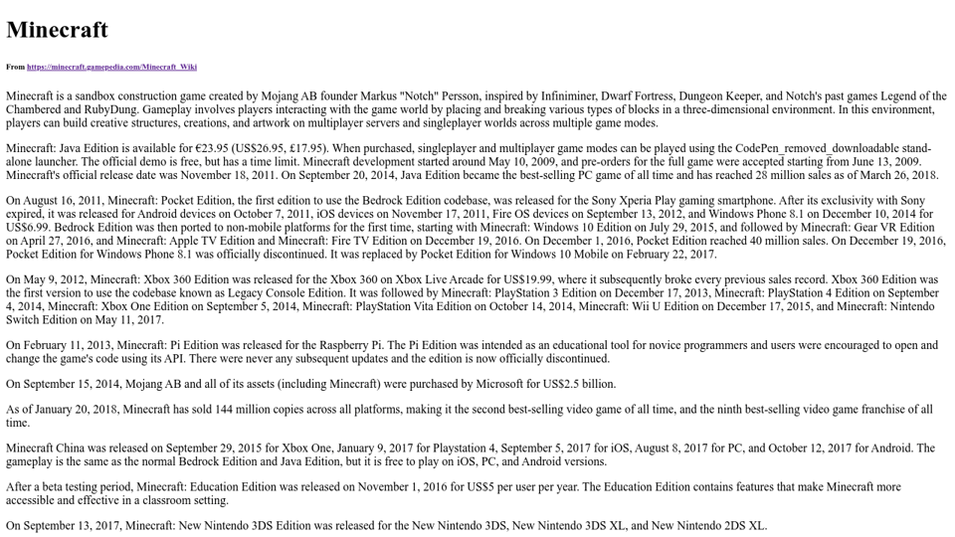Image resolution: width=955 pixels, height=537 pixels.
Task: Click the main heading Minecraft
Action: [x=57, y=30]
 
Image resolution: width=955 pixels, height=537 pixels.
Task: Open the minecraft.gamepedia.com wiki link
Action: [x=111, y=67]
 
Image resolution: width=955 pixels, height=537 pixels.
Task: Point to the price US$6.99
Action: [x=32, y=227]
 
